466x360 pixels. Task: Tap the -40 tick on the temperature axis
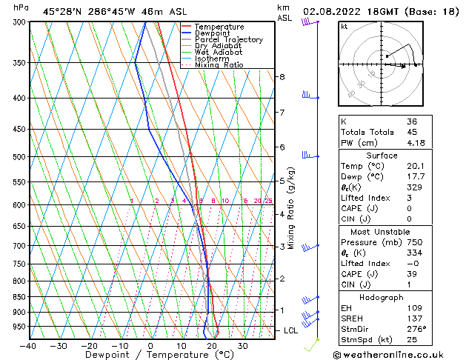tap(28, 345)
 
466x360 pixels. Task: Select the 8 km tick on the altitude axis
tap(282, 77)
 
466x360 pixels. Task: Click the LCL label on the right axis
tap(291, 330)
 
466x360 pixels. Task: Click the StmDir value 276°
tap(416, 327)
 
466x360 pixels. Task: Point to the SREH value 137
tap(413, 317)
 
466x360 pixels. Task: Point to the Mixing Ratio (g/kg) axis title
tap(291, 208)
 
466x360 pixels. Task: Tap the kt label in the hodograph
tap(344, 27)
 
